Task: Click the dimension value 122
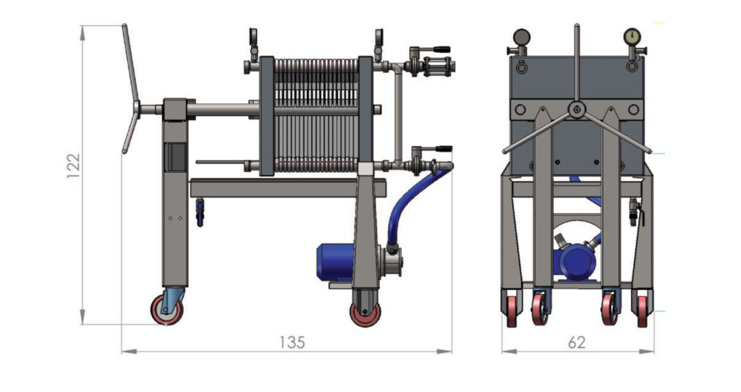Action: [73, 166]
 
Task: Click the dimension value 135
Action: [292, 342]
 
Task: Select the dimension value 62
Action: [577, 342]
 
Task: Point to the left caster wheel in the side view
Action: [167, 310]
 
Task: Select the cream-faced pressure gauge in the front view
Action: [632, 36]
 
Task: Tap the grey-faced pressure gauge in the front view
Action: [521, 36]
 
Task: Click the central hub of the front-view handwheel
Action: [576, 110]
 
